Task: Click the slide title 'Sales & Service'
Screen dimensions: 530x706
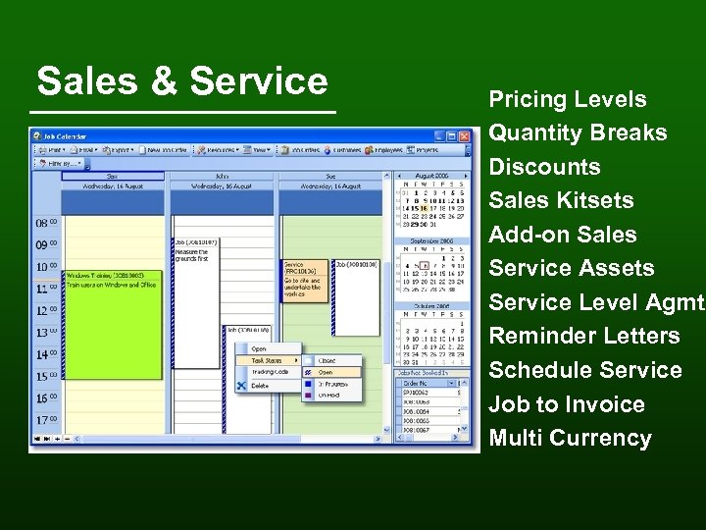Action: coord(182,81)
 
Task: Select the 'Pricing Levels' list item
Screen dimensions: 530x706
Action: coord(568,99)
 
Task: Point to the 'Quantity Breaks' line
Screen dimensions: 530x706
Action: coord(578,132)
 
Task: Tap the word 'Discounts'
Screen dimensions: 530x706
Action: coord(544,167)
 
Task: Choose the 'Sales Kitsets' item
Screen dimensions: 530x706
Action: coord(561,200)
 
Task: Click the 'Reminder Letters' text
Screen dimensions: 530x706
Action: coord(583,336)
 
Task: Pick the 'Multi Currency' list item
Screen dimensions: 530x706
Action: coord(570,438)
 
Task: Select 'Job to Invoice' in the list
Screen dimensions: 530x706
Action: coord(567,404)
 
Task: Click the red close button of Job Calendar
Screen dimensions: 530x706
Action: coord(465,136)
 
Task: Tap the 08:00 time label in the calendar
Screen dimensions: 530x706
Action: coord(47,224)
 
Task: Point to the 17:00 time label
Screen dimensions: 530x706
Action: coord(47,420)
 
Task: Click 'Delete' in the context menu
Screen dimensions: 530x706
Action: coord(260,386)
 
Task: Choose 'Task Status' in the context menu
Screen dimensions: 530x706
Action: coord(267,360)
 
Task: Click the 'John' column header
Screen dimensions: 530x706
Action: coord(226,176)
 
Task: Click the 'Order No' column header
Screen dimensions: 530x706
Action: coord(420,382)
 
